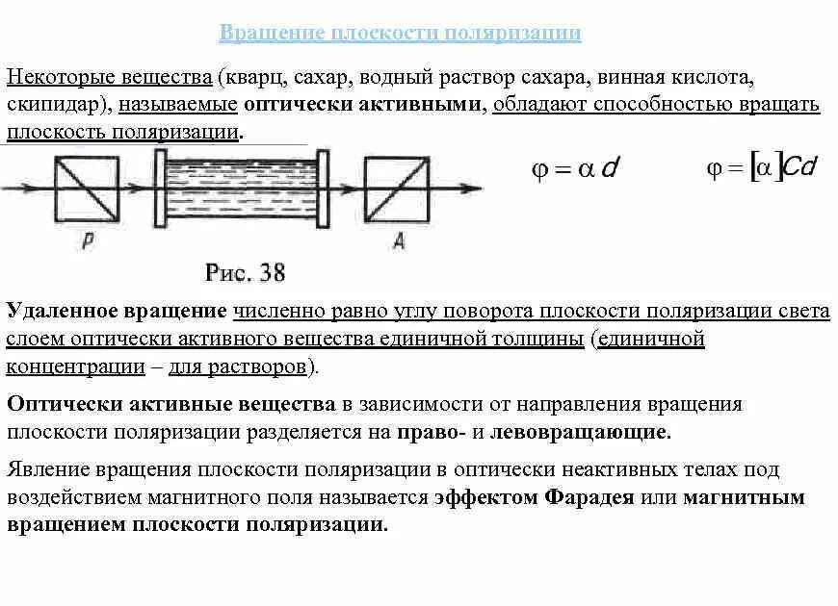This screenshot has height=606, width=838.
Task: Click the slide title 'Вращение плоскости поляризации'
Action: tap(400, 34)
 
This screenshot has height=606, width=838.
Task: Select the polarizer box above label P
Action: tap(86, 189)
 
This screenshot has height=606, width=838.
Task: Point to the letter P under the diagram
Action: tap(86, 242)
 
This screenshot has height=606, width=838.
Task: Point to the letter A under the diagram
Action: tap(399, 241)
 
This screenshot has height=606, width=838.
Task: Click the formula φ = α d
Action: tap(574, 170)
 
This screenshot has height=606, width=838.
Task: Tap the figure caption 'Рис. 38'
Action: tap(245, 272)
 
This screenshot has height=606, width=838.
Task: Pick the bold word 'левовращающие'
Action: tap(580, 432)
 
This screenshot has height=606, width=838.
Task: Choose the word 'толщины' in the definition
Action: tap(543, 340)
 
